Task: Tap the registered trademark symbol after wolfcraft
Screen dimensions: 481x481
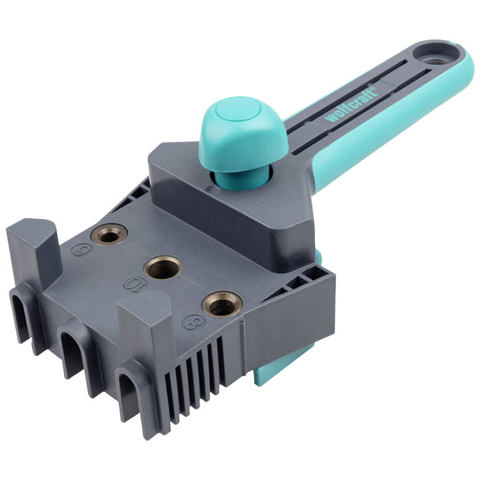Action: pos(374,88)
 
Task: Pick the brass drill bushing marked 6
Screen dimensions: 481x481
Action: pos(109,235)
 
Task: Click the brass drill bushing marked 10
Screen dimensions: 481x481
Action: pos(164,268)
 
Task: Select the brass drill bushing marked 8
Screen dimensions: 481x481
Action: pos(222,305)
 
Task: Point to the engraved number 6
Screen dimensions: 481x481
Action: pos(79,251)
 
